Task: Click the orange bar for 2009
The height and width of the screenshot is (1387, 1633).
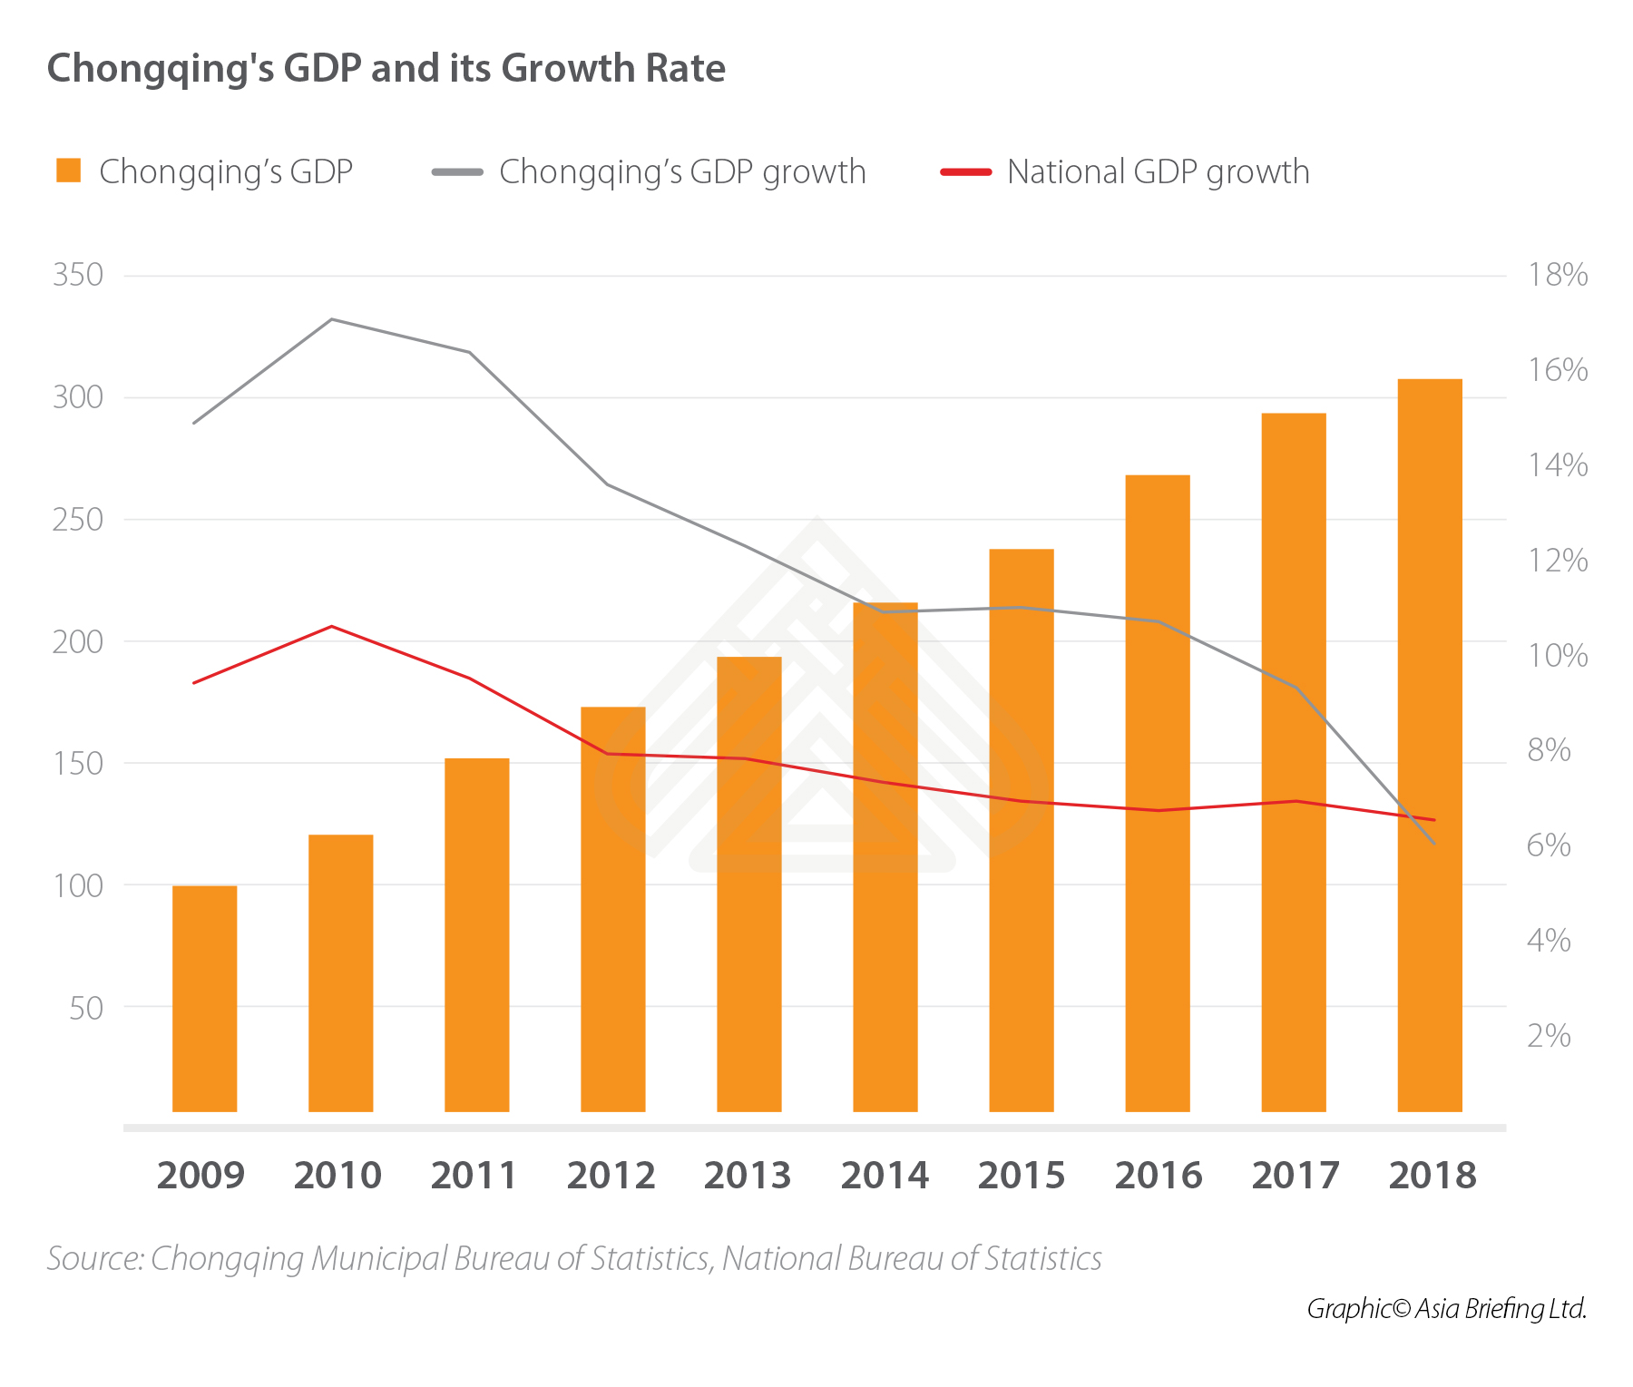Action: pos(204,998)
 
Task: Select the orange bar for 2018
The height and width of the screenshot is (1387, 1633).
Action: pos(1429,744)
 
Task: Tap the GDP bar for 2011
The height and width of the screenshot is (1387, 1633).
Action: pos(476,934)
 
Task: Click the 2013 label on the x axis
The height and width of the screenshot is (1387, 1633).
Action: pos(748,1176)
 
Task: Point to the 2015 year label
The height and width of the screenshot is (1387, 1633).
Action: pos(1021,1176)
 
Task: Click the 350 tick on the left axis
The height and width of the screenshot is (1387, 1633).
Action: pos(78,275)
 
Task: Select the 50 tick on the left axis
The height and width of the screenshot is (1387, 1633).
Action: pos(86,1008)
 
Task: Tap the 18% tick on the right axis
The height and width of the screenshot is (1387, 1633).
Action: pos(1558,275)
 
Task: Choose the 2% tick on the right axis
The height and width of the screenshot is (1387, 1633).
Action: pos(1549,1035)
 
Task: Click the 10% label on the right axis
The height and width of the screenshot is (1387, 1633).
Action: pos(1558,655)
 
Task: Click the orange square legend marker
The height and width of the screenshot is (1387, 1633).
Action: pos(69,171)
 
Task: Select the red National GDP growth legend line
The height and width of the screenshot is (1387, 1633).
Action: pos(965,171)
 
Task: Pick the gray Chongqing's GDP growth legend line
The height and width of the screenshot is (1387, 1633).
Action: pos(457,171)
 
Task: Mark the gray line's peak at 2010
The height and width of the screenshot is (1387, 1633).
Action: pos(332,319)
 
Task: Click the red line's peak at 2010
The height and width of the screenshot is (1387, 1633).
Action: pos(332,626)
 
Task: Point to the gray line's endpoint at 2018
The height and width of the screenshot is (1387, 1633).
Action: pos(1433,844)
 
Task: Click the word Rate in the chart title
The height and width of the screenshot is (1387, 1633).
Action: pos(686,69)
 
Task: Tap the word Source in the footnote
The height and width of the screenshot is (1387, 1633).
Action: pos(94,1259)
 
